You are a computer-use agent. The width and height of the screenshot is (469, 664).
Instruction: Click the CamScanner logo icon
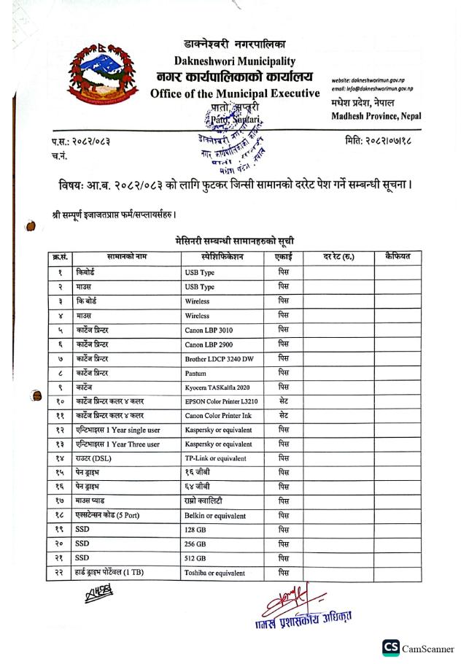(390, 645)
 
